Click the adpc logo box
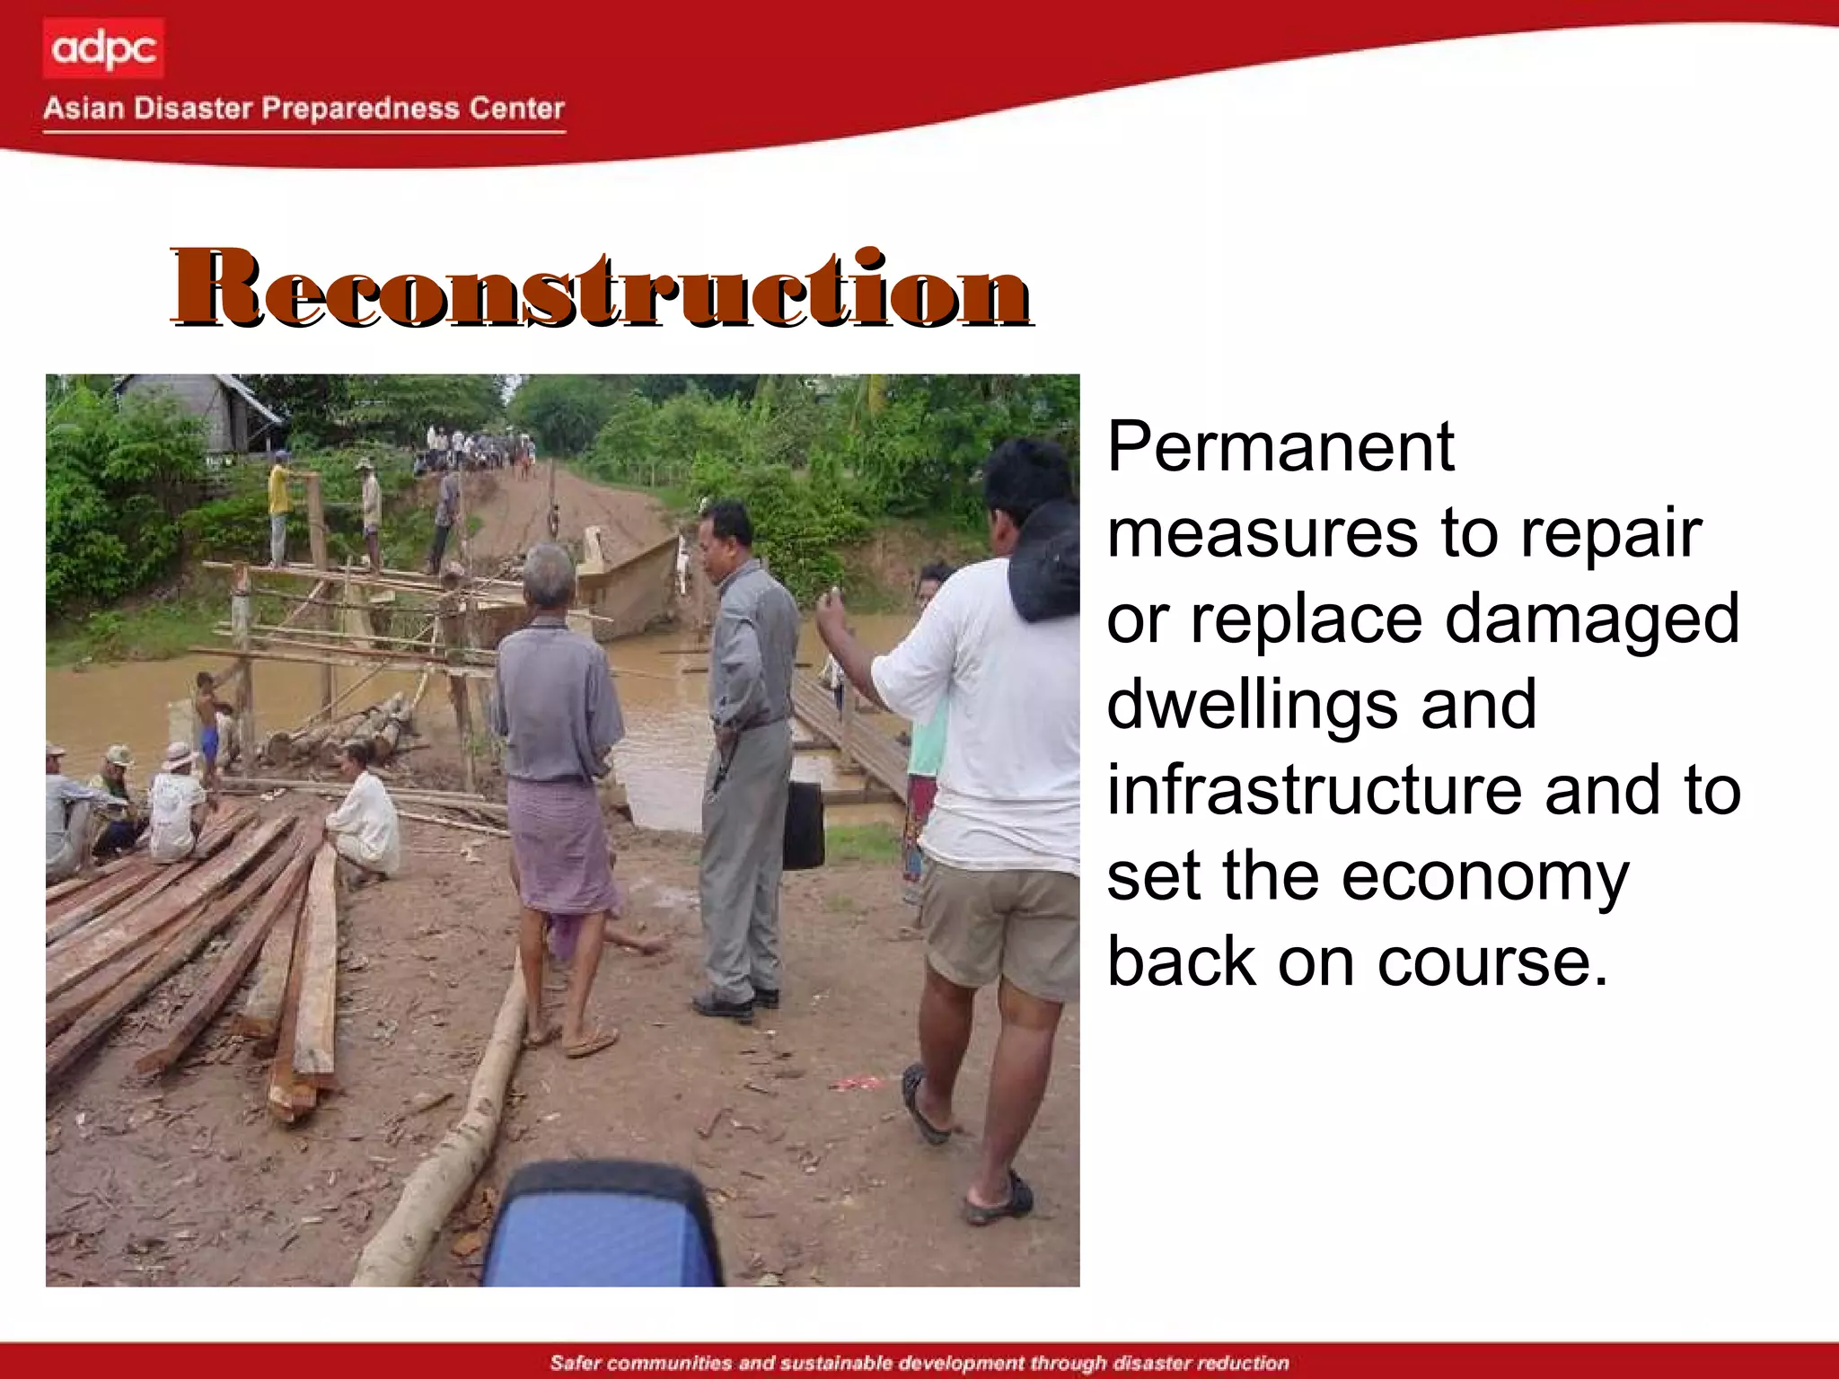point(103,48)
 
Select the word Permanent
point(1280,446)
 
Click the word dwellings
point(1253,705)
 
